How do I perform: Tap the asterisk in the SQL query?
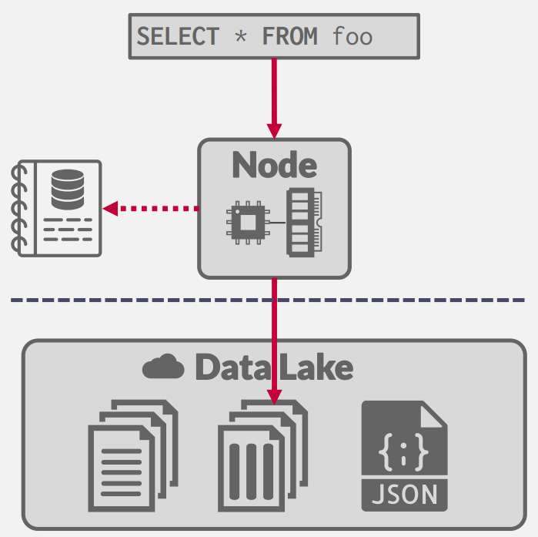pos(241,36)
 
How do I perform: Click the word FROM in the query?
pos(290,36)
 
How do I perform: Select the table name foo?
pos(353,36)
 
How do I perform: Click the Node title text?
pos(274,165)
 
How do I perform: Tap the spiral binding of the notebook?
pos(20,208)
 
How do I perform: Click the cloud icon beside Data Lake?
pos(163,367)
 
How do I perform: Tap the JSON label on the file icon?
pos(404,492)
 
